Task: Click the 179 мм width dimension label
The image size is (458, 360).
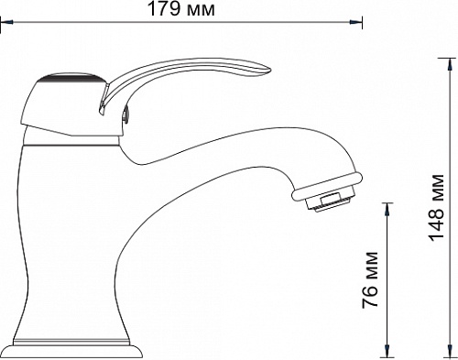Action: click(x=181, y=9)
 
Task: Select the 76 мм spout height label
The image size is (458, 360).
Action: click(x=370, y=279)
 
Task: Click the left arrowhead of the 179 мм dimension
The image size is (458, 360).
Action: click(x=6, y=22)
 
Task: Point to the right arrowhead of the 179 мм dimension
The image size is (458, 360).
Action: click(x=356, y=22)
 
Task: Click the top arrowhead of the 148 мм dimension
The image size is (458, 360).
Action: click(x=450, y=64)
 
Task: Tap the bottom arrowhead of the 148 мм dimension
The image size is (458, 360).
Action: click(x=450, y=351)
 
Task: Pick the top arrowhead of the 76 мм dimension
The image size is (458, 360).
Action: click(x=387, y=209)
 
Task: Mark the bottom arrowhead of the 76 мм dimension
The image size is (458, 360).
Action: click(x=387, y=351)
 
